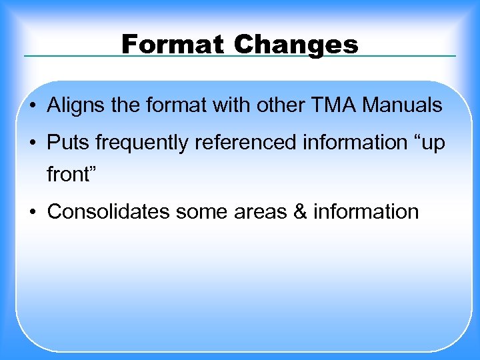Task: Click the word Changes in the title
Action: [x=296, y=45]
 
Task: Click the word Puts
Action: [x=66, y=143]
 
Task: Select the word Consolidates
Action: [x=109, y=212]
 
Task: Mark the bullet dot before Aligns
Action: [x=33, y=106]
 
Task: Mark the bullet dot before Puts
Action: [x=33, y=143]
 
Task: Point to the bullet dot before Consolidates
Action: [x=33, y=213]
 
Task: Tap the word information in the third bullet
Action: [x=366, y=212]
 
